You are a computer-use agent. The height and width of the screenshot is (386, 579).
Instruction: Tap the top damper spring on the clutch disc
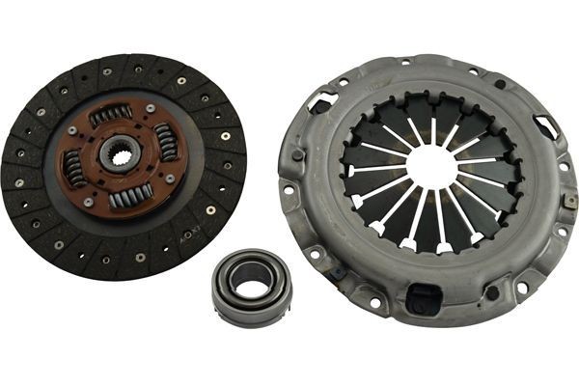(x=112, y=115)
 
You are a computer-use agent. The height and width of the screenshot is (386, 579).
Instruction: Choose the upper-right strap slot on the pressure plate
(x=546, y=126)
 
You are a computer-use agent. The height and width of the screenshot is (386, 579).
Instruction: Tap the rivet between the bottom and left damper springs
(x=88, y=201)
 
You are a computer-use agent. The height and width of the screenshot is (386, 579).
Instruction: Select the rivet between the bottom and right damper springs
(x=170, y=179)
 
